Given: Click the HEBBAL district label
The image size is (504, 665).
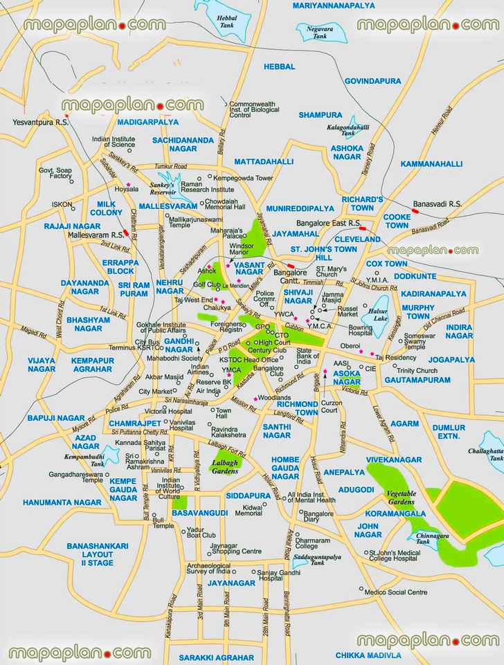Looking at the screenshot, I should [x=279, y=66].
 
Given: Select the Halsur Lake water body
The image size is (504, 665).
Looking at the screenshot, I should [x=379, y=309].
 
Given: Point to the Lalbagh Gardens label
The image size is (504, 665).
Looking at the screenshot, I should [x=224, y=466].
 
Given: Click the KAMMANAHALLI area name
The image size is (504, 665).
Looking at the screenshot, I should [x=431, y=164].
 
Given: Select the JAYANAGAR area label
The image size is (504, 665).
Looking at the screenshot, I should [x=231, y=583].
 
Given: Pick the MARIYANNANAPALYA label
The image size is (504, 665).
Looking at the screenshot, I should [x=334, y=6].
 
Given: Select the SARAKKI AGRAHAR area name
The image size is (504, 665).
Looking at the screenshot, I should [x=217, y=657].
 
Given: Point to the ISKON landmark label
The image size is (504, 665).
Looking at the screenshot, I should [x=62, y=204].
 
